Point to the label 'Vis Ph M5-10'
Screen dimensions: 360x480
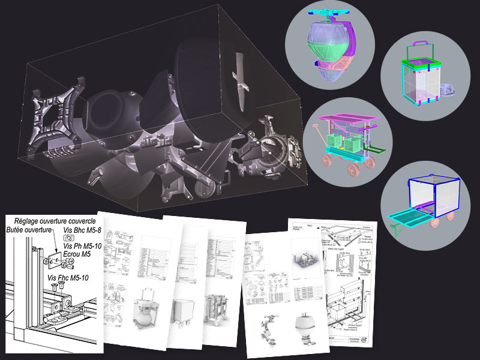tap(82, 245)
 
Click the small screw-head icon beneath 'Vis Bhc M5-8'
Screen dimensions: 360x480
tap(66, 238)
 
